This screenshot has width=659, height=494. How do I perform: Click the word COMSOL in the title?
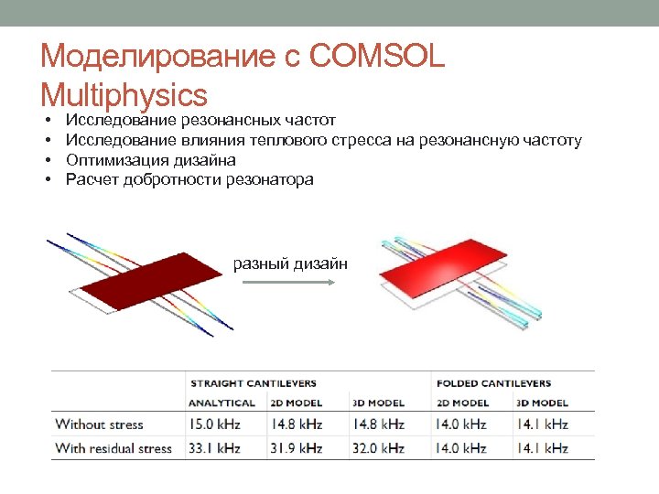pyautogui.click(x=377, y=58)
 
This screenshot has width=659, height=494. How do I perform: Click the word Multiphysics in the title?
pyautogui.click(x=124, y=94)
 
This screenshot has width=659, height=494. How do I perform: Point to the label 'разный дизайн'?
pyautogui.click(x=290, y=263)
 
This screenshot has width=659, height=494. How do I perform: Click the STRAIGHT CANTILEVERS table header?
pyautogui.click(x=253, y=383)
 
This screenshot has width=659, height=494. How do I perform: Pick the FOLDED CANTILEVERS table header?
pyautogui.click(x=493, y=383)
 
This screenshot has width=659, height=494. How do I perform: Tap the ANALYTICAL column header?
pyautogui.click(x=222, y=403)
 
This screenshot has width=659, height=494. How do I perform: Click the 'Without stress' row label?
pyautogui.click(x=100, y=424)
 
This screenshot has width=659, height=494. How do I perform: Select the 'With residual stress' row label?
pyautogui.click(x=113, y=448)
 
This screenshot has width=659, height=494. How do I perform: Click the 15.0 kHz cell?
pyautogui.click(x=215, y=424)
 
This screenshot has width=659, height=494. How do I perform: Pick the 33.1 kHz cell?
pyautogui.click(x=215, y=448)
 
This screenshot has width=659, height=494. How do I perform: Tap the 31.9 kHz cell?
pyautogui.click(x=297, y=448)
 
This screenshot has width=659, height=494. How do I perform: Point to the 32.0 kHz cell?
pyautogui.click(x=378, y=448)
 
